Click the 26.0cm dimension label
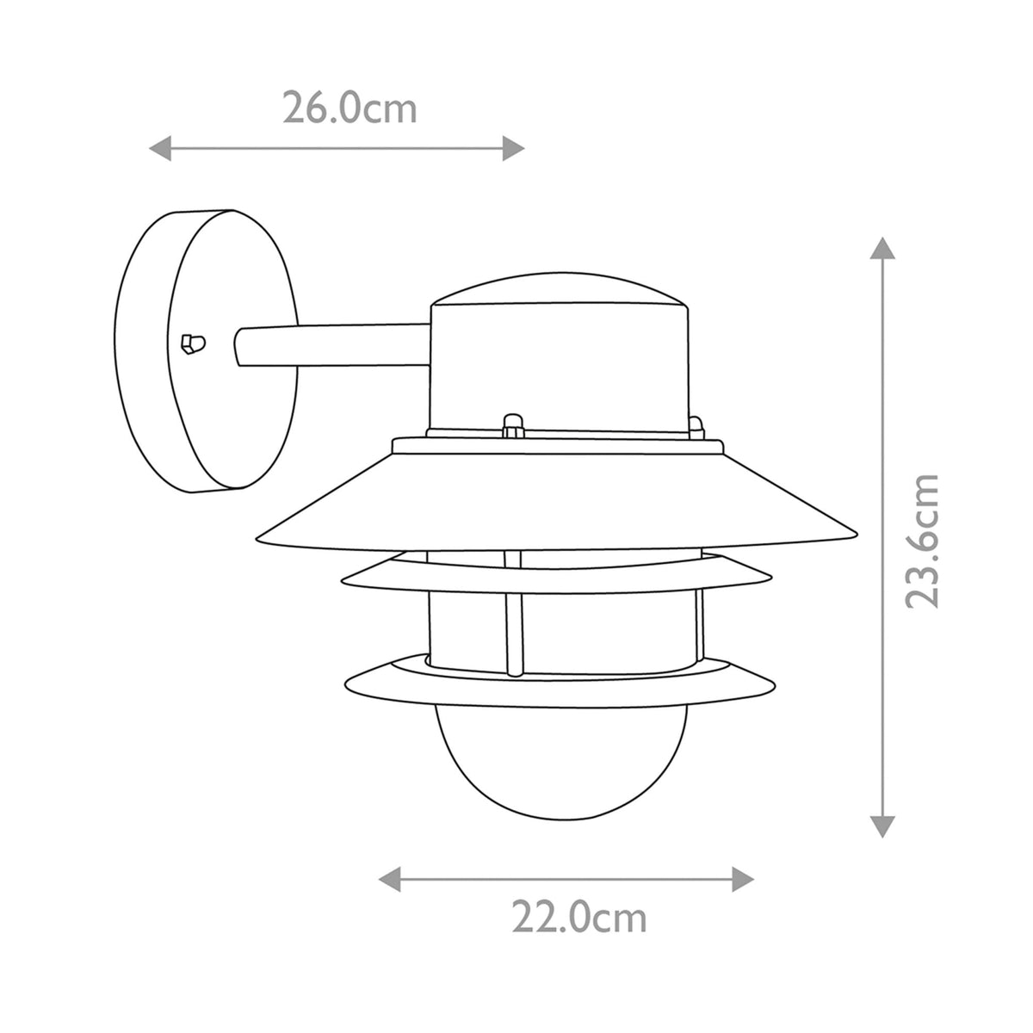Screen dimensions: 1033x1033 point(349,109)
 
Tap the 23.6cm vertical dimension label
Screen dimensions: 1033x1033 point(921,540)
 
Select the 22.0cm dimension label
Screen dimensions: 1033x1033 point(578,919)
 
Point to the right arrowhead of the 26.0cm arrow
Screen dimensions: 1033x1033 point(514,149)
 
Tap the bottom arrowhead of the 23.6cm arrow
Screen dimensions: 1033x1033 point(880,826)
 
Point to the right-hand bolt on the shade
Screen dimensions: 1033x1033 point(696,425)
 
